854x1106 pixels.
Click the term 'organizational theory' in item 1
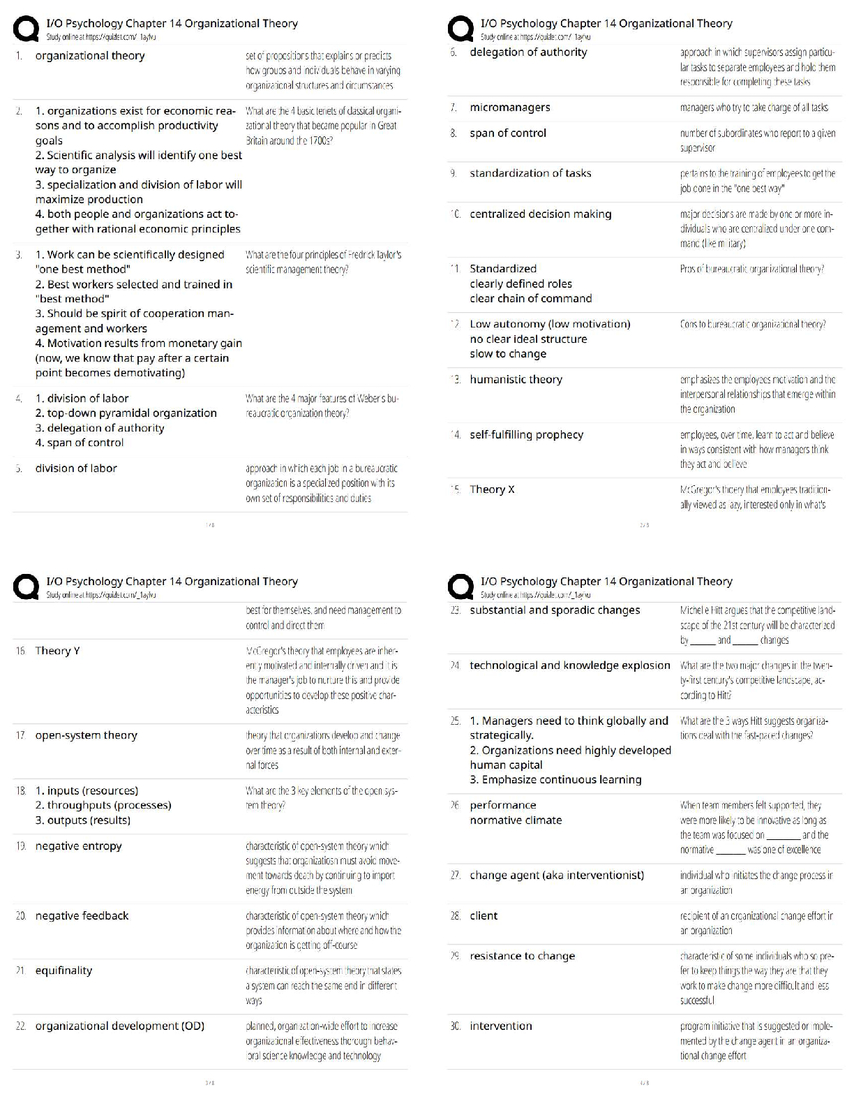click(90, 56)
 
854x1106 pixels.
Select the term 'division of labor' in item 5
click(76, 469)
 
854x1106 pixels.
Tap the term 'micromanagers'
click(510, 108)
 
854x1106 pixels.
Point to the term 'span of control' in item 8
click(508, 133)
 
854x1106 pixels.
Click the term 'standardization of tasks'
click(530, 173)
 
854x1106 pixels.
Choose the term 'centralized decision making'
click(540, 214)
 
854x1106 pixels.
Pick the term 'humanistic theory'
click(516, 380)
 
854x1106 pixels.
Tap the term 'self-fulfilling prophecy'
click(526, 435)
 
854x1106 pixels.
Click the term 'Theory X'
click(492, 489)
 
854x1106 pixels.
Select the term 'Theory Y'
click(57, 651)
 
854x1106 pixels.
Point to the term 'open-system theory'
click(87, 735)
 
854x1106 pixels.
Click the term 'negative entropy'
click(78, 846)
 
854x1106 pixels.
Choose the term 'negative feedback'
click(82, 916)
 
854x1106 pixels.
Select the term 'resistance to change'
click(523, 957)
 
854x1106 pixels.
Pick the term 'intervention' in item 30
click(501, 1026)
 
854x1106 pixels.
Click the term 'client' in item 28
click(484, 916)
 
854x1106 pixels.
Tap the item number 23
click(456, 610)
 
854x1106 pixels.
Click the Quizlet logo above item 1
click(26, 29)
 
